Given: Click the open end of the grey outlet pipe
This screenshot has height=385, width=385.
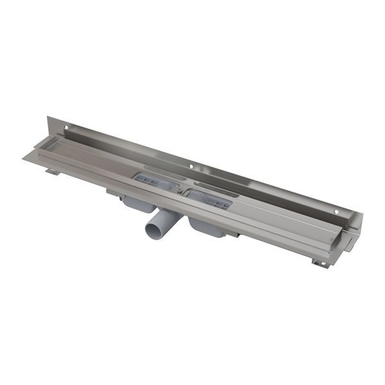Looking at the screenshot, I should tap(155, 228).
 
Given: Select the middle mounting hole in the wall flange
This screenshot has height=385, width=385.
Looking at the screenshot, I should tap(191, 167).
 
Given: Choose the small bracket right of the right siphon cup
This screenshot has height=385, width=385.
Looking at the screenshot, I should tap(236, 234).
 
